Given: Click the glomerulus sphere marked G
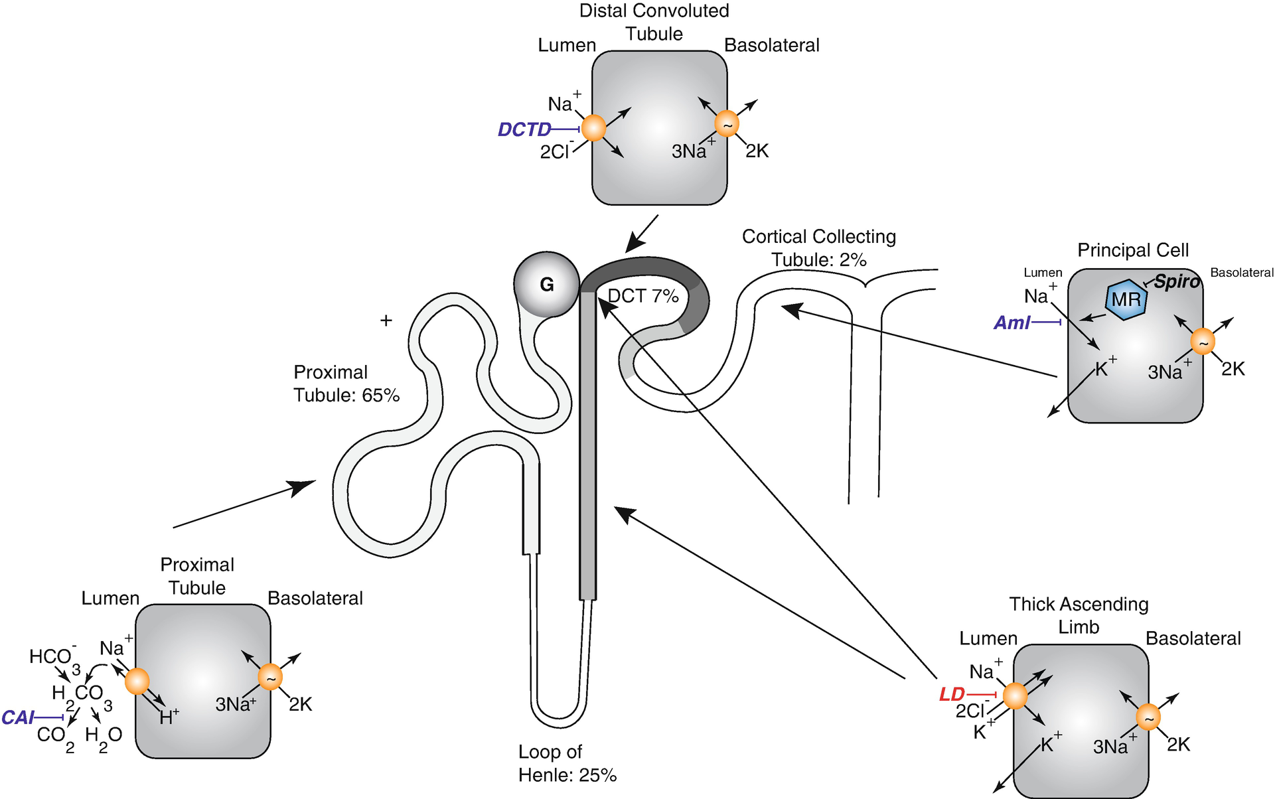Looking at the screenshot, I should (x=546, y=285).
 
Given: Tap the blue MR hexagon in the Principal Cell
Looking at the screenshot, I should (x=1126, y=300).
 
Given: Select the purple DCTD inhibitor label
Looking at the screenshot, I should (x=524, y=129).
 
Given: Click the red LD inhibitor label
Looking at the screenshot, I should (x=952, y=695).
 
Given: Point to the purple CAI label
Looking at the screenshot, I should (x=18, y=717).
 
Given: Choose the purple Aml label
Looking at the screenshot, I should (x=1012, y=323).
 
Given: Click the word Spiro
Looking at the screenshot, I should (x=1177, y=281).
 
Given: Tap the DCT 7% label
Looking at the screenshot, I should (x=643, y=296).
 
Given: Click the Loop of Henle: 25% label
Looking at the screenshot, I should (x=567, y=763).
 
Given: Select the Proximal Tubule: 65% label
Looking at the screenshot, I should (x=346, y=384).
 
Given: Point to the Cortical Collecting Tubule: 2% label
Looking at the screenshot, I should (x=819, y=248).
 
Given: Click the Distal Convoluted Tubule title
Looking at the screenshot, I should (x=654, y=22).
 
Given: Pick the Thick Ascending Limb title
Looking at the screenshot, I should (x=1079, y=615).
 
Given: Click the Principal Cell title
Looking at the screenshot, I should (x=1133, y=250).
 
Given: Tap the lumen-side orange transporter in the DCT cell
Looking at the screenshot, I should (x=593, y=127).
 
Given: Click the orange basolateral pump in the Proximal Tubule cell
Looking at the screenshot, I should (x=270, y=678).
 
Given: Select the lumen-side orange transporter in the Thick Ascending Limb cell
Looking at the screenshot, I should (x=1015, y=696).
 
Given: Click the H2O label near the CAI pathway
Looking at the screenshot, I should (x=104, y=737).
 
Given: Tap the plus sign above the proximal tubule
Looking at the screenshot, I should (x=386, y=321).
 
